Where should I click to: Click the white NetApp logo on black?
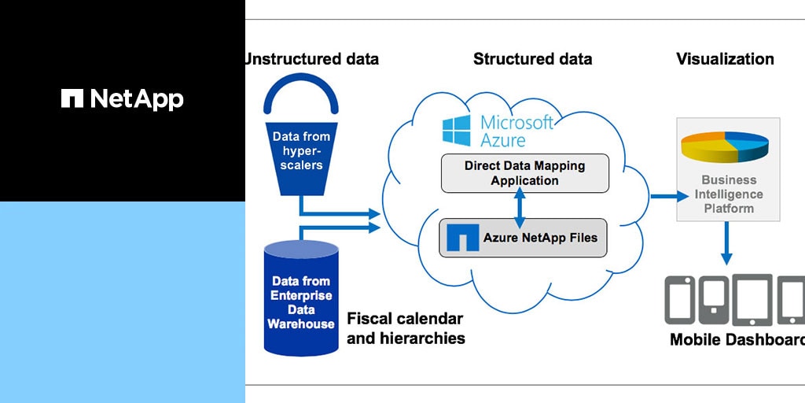click(x=122, y=99)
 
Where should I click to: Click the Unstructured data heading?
click(x=311, y=59)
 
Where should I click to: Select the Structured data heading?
click(x=532, y=59)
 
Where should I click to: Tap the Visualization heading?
click(x=725, y=59)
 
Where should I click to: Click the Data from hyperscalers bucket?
click(x=301, y=153)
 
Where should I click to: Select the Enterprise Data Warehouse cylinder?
click(x=301, y=299)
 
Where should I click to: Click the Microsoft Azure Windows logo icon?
click(x=456, y=131)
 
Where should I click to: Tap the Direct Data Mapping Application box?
click(x=524, y=173)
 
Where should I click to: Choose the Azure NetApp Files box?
click(x=524, y=238)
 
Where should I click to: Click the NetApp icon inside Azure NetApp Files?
click(x=462, y=238)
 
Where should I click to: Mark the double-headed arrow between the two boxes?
click(x=519, y=206)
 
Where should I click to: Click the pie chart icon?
click(x=724, y=147)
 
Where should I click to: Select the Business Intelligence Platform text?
click(x=729, y=194)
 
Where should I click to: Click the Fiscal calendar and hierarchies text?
click(x=406, y=329)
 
